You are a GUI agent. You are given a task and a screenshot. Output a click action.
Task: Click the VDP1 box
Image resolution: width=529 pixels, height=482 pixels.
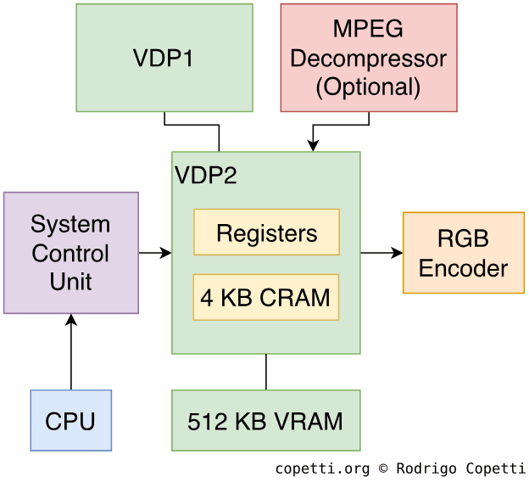(164, 58)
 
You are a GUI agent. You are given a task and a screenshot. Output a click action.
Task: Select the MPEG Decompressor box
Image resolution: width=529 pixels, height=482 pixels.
(369, 58)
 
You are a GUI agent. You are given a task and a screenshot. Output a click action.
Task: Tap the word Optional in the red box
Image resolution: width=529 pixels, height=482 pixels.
(368, 87)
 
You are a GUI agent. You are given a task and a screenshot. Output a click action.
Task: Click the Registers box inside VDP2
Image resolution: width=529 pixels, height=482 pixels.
(266, 233)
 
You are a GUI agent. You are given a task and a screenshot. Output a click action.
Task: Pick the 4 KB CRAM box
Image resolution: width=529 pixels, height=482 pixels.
(265, 297)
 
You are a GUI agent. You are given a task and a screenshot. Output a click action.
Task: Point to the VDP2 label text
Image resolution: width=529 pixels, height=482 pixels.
(206, 176)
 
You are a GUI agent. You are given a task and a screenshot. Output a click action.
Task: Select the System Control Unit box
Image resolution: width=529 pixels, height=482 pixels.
(70, 253)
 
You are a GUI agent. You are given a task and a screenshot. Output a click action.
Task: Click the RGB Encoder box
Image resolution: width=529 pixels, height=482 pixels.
(463, 253)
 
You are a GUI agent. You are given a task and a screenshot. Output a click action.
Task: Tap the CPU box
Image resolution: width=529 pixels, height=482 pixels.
(70, 420)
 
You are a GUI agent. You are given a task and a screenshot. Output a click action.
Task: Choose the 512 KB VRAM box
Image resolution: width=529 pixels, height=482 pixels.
(265, 420)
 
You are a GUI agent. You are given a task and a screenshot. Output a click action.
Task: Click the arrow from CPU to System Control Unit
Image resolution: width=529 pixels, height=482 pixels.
(71, 352)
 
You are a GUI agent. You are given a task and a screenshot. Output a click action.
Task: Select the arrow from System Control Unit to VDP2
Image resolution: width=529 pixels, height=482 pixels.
(155, 253)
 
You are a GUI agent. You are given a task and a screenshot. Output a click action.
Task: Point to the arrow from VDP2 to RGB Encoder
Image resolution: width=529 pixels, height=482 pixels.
(381, 253)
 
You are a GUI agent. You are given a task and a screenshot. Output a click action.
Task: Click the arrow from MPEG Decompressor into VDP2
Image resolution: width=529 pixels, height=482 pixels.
(339, 126)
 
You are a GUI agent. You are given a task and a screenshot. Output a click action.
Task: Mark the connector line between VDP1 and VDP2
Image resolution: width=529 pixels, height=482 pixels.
(192, 126)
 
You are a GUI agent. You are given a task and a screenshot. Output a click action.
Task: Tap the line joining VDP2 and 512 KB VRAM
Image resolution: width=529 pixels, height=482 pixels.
(266, 372)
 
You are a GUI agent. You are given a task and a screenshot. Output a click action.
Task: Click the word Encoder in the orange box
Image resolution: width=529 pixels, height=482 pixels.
(463, 269)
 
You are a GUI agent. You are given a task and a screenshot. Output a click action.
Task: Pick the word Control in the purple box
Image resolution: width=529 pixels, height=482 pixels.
(70, 254)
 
